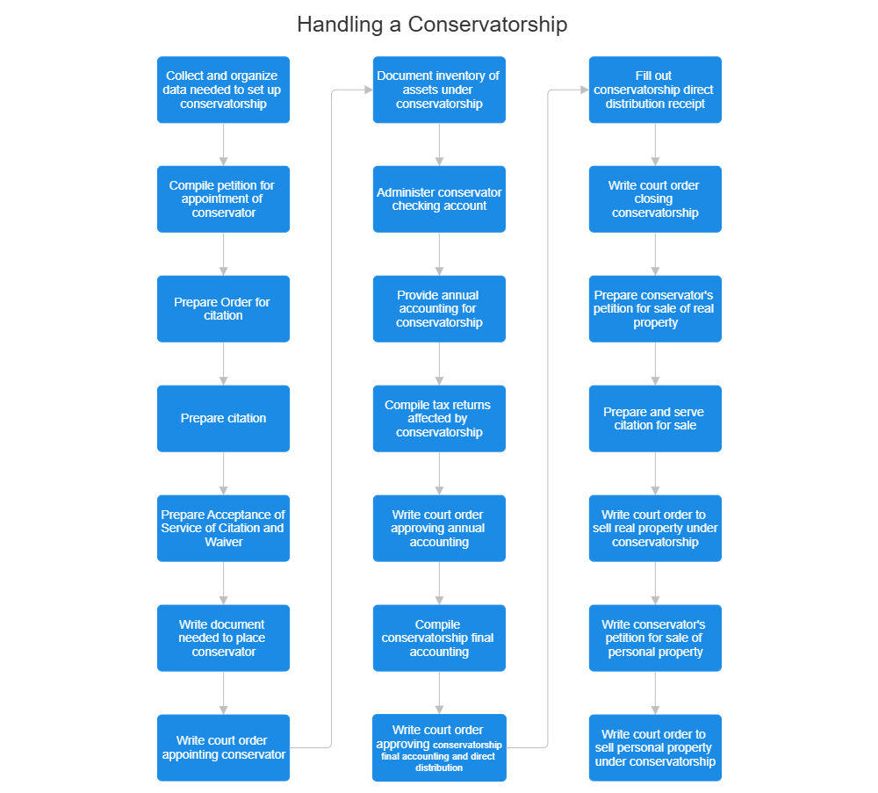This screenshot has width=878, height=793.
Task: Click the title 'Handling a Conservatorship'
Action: click(432, 24)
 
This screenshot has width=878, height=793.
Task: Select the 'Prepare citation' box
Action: click(223, 418)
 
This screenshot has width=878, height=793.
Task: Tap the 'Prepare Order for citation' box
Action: click(223, 308)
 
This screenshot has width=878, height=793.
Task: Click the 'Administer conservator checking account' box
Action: click(439, 198)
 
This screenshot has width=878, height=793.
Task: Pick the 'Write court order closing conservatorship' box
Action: click(654, 198)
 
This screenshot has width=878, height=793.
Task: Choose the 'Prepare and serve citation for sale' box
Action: click(654, 418)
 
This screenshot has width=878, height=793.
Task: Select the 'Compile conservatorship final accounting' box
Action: click(439, 638)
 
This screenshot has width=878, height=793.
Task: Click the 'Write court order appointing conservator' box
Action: click(223, 747)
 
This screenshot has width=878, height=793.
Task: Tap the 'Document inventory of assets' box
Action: click(439, 90)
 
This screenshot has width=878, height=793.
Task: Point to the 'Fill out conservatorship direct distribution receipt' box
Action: click(654, 90)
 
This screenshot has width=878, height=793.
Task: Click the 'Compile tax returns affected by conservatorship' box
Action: click(439, 418)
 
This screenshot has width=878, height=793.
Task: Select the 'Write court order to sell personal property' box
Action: click(654, 747)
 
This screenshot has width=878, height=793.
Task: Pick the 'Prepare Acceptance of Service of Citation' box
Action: click(223, 528)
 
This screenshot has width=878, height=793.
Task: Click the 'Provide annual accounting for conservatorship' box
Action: click(439, 308)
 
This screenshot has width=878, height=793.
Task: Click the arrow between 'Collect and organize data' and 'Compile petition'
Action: click(224, 144)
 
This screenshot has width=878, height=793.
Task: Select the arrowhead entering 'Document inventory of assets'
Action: click(366, 90)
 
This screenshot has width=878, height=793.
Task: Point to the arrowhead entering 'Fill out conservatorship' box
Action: click(582, 90)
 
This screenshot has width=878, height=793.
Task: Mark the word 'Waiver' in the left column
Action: click(223, 542)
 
